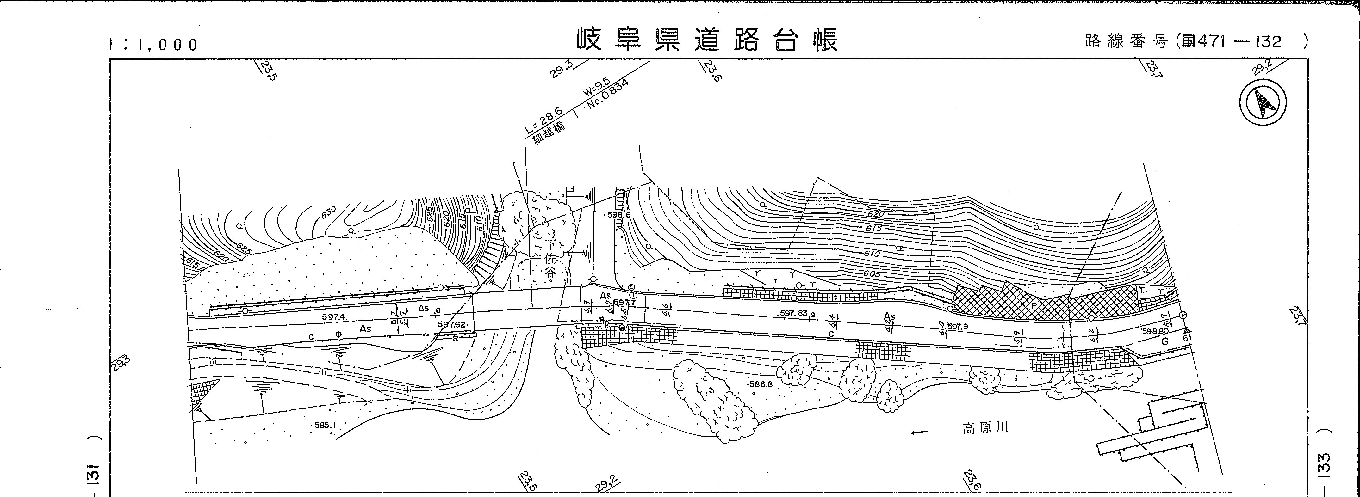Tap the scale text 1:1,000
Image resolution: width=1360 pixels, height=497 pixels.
point(153,45)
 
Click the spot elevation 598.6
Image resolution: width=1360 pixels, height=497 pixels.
point(618,215)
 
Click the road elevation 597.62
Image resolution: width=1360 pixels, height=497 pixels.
point(451,324)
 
